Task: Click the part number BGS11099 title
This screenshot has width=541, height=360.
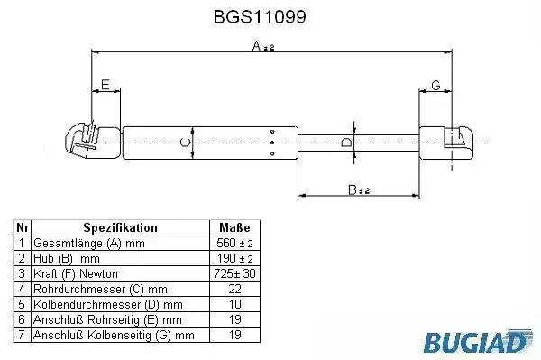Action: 260,16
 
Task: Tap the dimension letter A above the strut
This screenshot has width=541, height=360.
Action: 256,45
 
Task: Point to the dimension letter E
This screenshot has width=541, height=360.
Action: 105,85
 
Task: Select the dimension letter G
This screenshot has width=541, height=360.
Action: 436,85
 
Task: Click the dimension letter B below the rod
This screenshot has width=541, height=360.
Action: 353,189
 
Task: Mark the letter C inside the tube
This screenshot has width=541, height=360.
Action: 186,143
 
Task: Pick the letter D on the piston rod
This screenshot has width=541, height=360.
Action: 345,143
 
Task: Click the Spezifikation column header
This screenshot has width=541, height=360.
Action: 121,227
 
